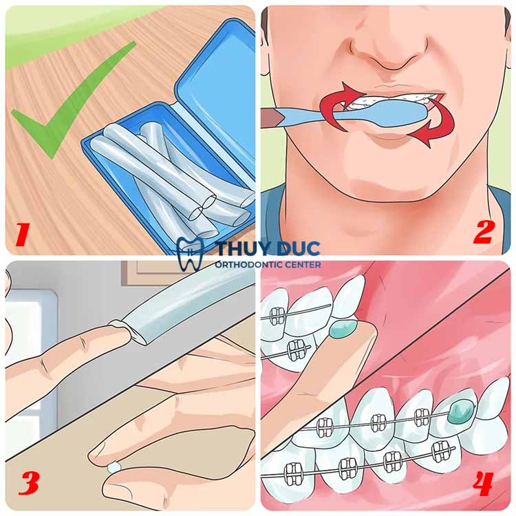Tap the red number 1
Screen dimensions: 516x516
[23, 235]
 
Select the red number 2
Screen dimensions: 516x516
[484, 232]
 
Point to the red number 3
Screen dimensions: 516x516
[29, 483]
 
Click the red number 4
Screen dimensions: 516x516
[483, 484]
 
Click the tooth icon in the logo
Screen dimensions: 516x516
[190, 253]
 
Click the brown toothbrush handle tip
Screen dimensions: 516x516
[270, 118]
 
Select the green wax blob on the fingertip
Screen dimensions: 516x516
[343, 329]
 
